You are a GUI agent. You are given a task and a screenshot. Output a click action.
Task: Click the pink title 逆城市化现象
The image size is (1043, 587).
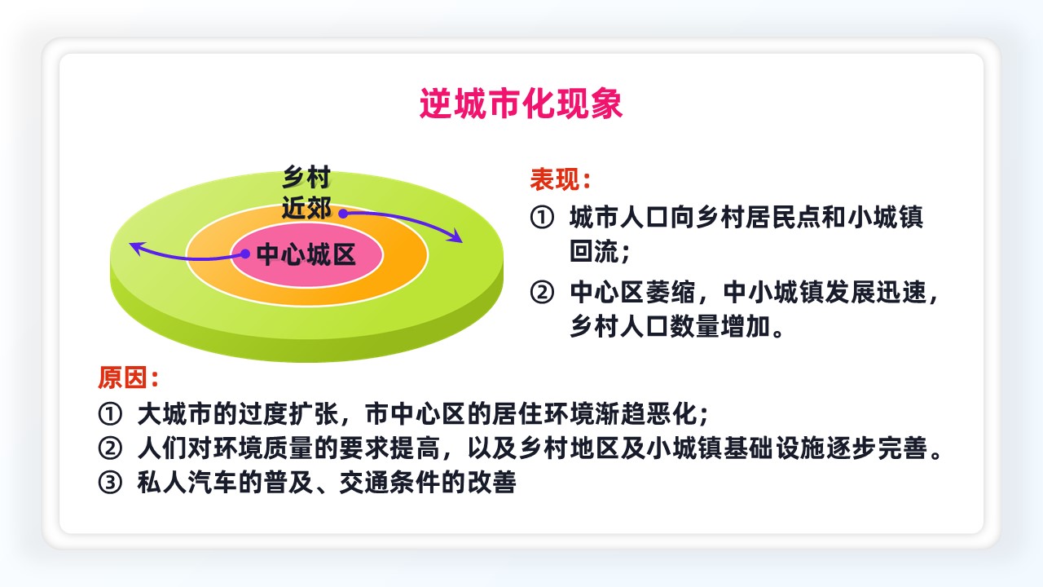coord(521,103)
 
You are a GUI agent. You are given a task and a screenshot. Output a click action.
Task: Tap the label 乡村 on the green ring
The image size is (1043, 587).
coord(306,177)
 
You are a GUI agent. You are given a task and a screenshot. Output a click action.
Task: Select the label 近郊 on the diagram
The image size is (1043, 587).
coord(306,207)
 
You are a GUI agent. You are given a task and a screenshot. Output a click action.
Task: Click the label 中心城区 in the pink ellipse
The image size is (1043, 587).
coord(306,254)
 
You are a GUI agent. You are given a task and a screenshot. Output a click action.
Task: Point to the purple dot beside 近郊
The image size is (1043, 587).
coord(343,214)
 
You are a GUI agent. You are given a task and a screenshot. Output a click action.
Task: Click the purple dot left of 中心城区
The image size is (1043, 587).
coord(245,254)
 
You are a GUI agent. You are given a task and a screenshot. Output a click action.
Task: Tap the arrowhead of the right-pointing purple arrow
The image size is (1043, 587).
coord(455,236)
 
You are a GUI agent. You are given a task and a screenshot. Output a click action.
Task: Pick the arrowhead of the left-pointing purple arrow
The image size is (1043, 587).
coord(136,248)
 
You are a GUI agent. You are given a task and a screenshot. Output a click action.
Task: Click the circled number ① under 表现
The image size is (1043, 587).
coord(542,218)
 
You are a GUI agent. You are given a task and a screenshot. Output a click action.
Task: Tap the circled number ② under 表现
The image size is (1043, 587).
coord(542,293)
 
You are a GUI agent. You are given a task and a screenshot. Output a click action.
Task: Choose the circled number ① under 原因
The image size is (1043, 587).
coord(110,414)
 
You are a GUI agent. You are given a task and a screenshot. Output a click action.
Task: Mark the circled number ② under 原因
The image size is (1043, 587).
coord(110,448)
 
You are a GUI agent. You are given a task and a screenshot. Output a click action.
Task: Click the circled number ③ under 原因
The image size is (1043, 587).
coord(110,482)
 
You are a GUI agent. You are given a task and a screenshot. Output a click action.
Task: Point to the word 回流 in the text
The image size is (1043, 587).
coord(595,252)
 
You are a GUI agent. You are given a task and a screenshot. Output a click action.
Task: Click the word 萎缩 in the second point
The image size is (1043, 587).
coord(671,293)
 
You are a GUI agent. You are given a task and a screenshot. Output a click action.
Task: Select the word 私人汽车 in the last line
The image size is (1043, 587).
coord(187,482)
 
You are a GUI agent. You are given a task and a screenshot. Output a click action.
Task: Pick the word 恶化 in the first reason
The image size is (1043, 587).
coord(671,414)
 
